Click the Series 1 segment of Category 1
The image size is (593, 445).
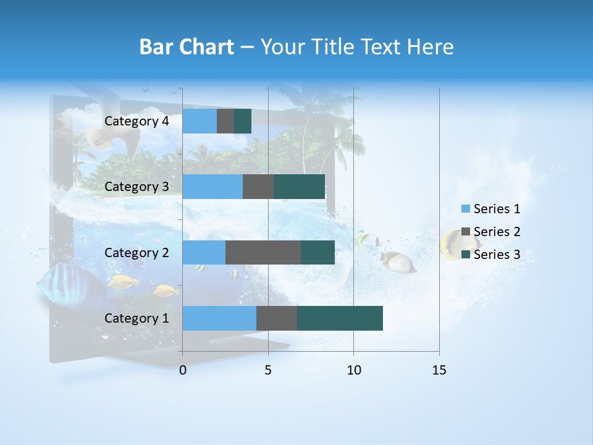pos(219,318)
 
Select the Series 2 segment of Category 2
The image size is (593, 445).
pos(263,252)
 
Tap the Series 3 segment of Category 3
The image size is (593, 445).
pos(299,187)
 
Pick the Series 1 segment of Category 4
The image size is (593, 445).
pos(200,121)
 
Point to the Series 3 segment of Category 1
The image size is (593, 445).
pos(340,318)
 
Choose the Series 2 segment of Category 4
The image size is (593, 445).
pos(225,121)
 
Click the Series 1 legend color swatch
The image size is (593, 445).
pos(465,209)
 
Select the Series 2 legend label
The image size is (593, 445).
pos(497,232)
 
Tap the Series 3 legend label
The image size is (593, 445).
pos(497,255)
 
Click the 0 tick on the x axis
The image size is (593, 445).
pos(183,370)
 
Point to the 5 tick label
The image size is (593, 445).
pos(268,370)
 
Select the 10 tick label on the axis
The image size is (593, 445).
pos(353,370)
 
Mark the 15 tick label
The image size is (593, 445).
pos(439,370)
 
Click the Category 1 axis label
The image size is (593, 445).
pos(137,318)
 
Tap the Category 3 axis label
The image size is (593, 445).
pos(137,187)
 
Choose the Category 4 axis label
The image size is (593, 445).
pos(137,121)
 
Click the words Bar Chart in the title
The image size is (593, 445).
pos(187,47)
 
